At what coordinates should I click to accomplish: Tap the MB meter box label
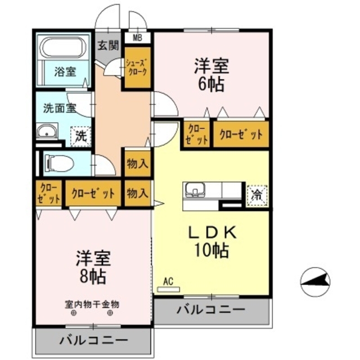(x=137, y=38)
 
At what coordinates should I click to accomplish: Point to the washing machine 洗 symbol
(x=81, y=136)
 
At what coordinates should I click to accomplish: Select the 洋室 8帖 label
(x=93, y=267)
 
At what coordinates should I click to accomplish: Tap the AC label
(x=168, y=281)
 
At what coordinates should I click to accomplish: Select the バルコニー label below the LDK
(x=210, y=309)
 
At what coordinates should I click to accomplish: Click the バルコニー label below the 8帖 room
(x=93, y=340)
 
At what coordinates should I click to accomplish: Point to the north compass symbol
(x=316, y=281)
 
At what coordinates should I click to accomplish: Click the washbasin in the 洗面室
(x=46, y=133)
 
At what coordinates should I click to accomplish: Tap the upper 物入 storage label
(x=137, y=165)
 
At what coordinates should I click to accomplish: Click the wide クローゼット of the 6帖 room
(x=241, y=134)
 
